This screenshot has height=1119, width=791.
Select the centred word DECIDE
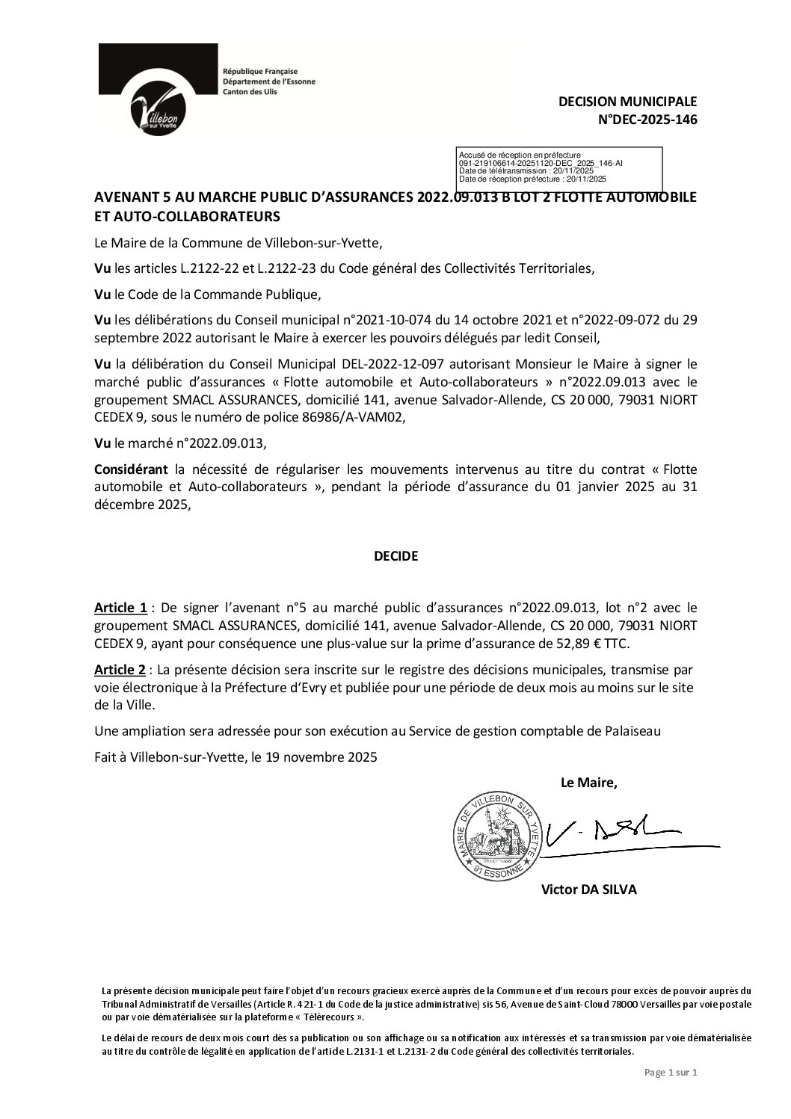(x=395, y=556)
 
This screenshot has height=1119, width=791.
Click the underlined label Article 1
(x=120, y=608)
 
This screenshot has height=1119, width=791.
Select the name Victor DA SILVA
(x=588, y=890)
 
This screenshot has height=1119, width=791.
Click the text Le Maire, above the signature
(x=589, y=783)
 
